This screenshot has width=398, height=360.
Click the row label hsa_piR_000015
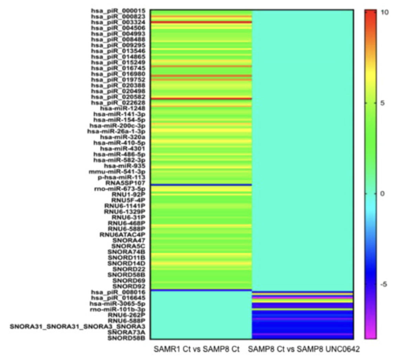[x=118, y=11]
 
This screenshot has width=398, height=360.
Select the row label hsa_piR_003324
[x=118, y=22]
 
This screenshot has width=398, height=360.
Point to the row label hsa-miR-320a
[x=125, y=137]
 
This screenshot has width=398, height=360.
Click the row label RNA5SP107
[x=125, y=183]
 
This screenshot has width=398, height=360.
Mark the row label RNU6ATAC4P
[x=122, y=235]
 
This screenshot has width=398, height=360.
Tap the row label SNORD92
[x=129, y=286]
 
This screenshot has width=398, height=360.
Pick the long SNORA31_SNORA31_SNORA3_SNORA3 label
[x=78, y=326]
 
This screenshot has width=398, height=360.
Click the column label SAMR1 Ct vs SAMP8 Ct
[x=196, y=350]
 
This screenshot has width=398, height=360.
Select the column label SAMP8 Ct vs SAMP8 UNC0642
[x=304, y=350]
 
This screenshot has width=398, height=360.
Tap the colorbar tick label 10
[x=385, y=12]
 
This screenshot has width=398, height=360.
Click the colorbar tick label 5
[x=383, y=103]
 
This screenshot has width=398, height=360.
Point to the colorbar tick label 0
[x=383, y=193]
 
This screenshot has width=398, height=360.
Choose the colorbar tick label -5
[x=384, y=284]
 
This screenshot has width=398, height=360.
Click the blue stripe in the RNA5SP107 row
[x=201, y=185]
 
